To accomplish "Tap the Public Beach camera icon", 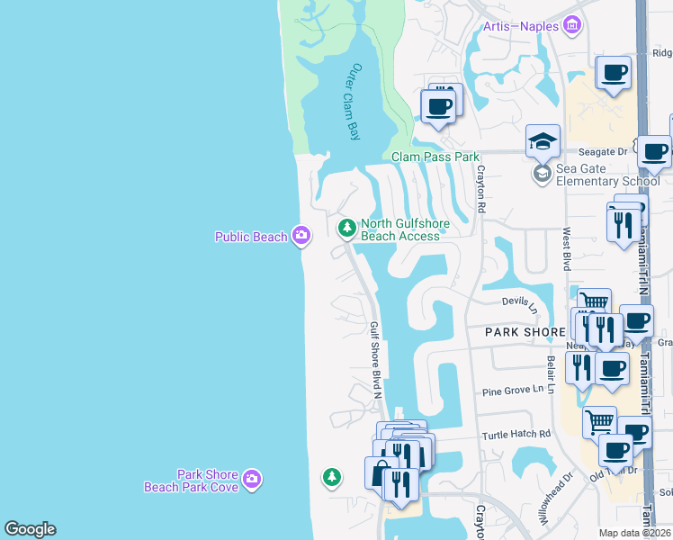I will point(301,237).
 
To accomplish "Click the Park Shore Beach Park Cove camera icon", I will point(253,480).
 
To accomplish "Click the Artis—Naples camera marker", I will point(572,27).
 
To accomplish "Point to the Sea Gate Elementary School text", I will point(607,174).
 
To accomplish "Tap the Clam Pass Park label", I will point(435,157).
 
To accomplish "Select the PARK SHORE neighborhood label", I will point(525,332).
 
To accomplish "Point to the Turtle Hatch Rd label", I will point(515,434).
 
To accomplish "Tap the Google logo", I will point(30,529).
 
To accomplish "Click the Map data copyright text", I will point(635,533).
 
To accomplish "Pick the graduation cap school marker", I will point(543,141).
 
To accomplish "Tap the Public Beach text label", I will point(250,237).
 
